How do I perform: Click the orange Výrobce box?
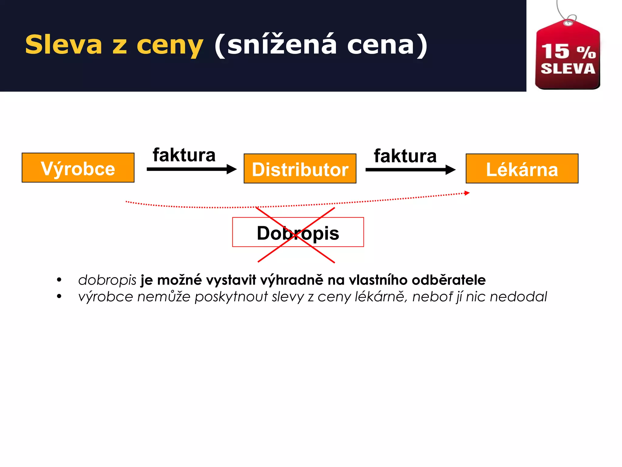point(78,168)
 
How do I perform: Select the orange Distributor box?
point(300,169)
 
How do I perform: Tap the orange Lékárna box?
point(522,169)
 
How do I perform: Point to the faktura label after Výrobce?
point(184,155)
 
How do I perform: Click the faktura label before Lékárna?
point(405,156)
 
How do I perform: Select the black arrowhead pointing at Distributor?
point(232,169)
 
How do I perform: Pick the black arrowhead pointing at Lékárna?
point(451,170)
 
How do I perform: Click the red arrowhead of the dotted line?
point(467,193)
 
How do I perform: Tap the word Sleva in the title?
point(63,45)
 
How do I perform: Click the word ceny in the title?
point(170,46)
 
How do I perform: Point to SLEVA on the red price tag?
point(568,69)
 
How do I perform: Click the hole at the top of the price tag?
point(567,23)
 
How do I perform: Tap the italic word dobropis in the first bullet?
point(107,280)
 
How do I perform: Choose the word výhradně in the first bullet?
point(292,280)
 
